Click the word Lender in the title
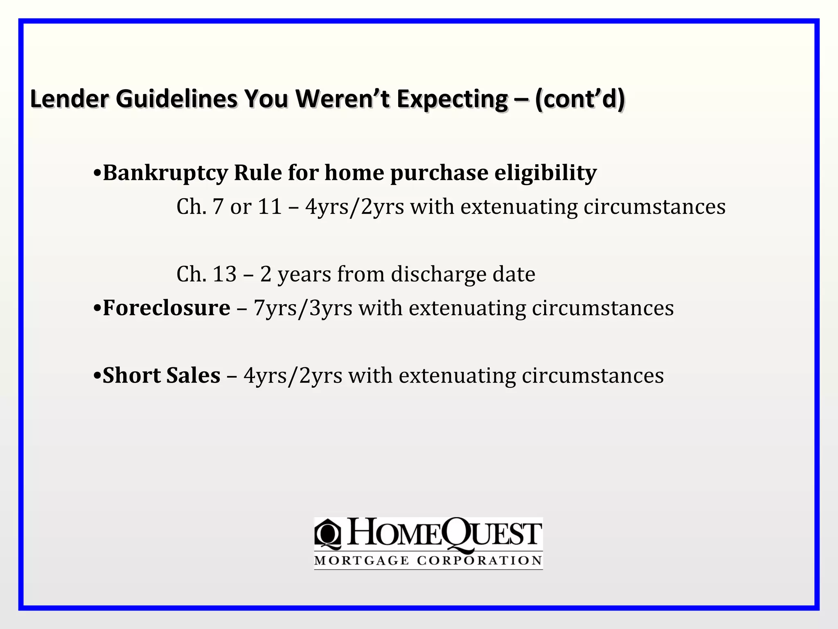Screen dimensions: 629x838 tap(70, 100)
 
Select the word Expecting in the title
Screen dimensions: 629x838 tap(452, 100)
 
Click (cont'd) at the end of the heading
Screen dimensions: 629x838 tap(580, 100)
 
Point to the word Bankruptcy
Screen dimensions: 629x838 tap(165, 173)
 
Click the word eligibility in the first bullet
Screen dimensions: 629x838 tap(545, 173)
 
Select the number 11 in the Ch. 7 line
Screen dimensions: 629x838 tap(270, 207)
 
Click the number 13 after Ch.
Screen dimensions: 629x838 tap(225, 274)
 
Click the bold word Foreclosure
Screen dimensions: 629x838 tap(166, 308)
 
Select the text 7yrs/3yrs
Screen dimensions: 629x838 tap(303, 308)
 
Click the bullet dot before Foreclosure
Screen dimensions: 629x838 tap(97, 308)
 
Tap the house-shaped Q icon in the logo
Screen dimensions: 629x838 tap(327, 534)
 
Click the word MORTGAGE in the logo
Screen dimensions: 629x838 tap(361, 561)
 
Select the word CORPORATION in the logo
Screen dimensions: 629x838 tap(480, 561)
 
